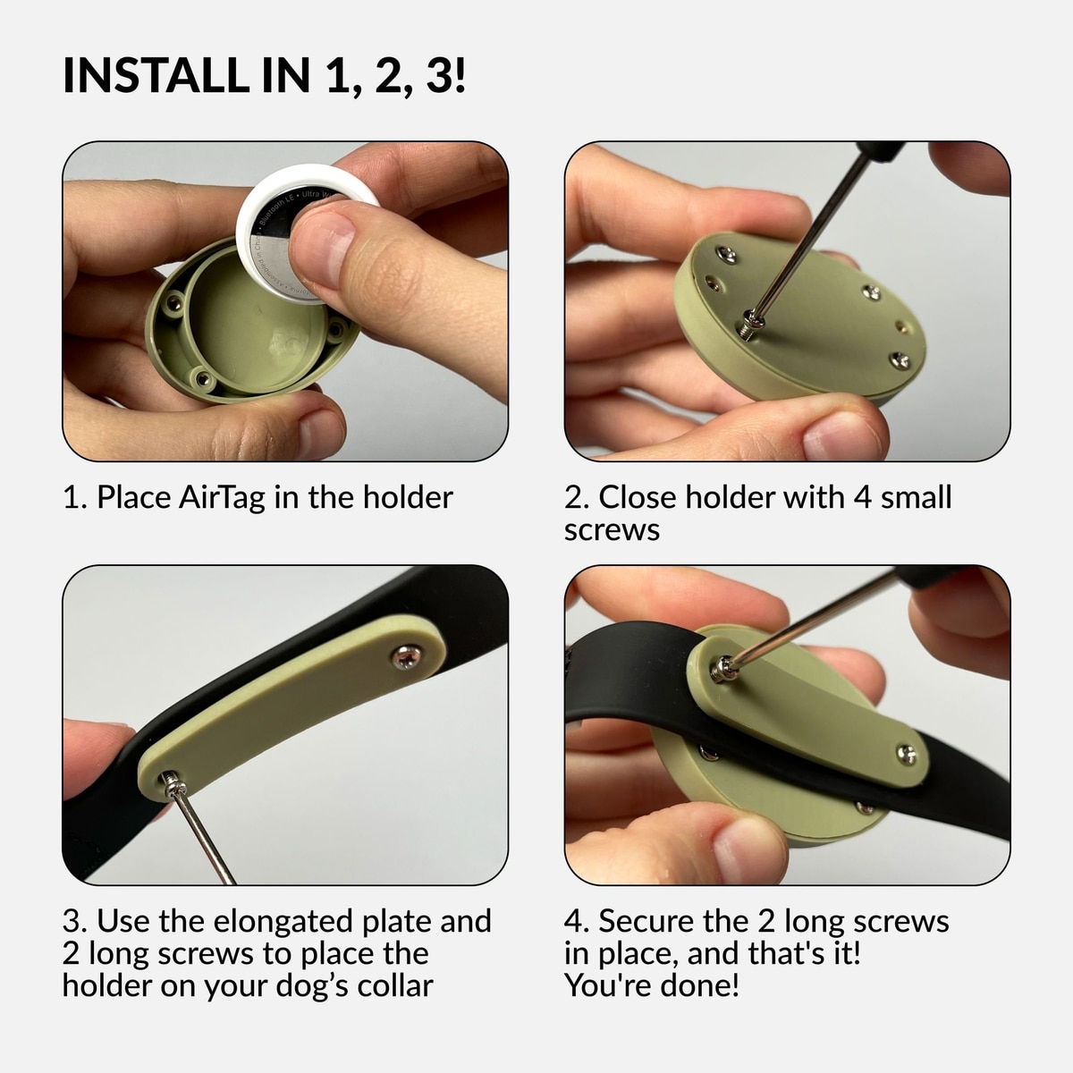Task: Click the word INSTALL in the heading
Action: pyautogui.click(x=156, y=74)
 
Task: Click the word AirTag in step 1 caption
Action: pyautogui.click(x=222, y=498)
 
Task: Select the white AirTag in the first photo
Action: pyautogui.click(x=307, y=234)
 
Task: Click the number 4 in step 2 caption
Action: pyautogui.click(x=862, y=496)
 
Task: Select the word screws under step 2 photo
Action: pyautogui.click(x=612, y=530)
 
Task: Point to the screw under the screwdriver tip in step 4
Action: pyautogui.click(x=724, y=669)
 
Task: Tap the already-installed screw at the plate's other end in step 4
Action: pyautogui.click(x=906, y=755)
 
